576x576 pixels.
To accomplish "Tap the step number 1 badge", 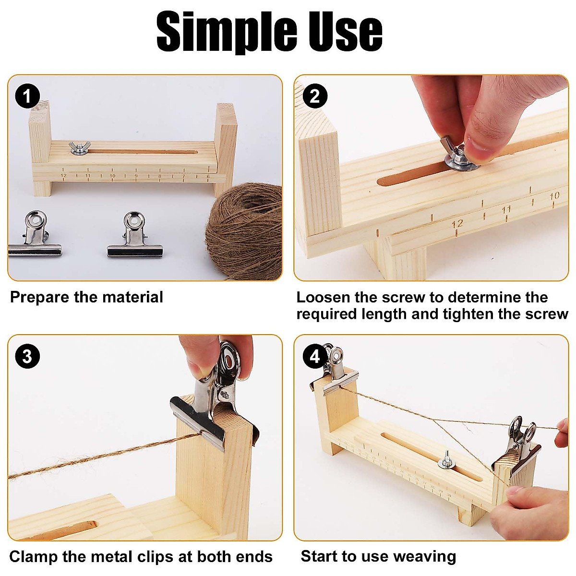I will click(x=27, y=96).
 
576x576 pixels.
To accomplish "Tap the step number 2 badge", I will click(x=314, y=96).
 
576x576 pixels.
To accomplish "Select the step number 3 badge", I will click(x=27, y=357).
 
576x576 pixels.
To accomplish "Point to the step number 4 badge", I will click(x=314, y=357).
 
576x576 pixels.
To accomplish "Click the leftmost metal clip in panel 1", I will click(x=36, y=235).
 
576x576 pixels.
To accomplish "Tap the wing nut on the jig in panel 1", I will click(x=77, y=149).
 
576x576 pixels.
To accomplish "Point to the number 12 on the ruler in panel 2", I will click(x=457, y=224).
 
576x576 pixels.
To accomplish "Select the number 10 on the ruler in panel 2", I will click(x=554, y=196).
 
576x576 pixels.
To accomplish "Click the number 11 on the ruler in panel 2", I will click(x=506, y=210).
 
